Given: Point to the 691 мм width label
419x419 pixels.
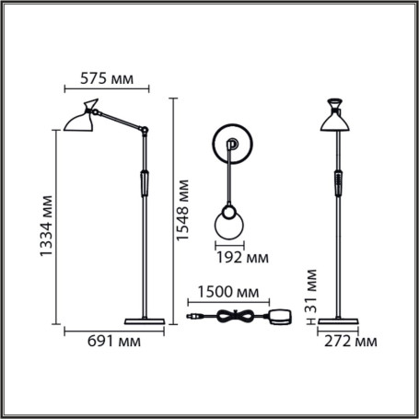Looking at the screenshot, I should click(x=112, y=343).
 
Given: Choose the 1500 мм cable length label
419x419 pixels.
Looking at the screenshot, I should click(x=224, y=292).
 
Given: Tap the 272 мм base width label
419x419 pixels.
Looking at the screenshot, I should click(x=353, y=343).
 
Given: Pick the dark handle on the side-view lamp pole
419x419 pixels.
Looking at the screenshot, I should click(x=144, y=182).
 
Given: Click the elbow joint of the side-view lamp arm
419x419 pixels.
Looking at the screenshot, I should click(x=144, y=128).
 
